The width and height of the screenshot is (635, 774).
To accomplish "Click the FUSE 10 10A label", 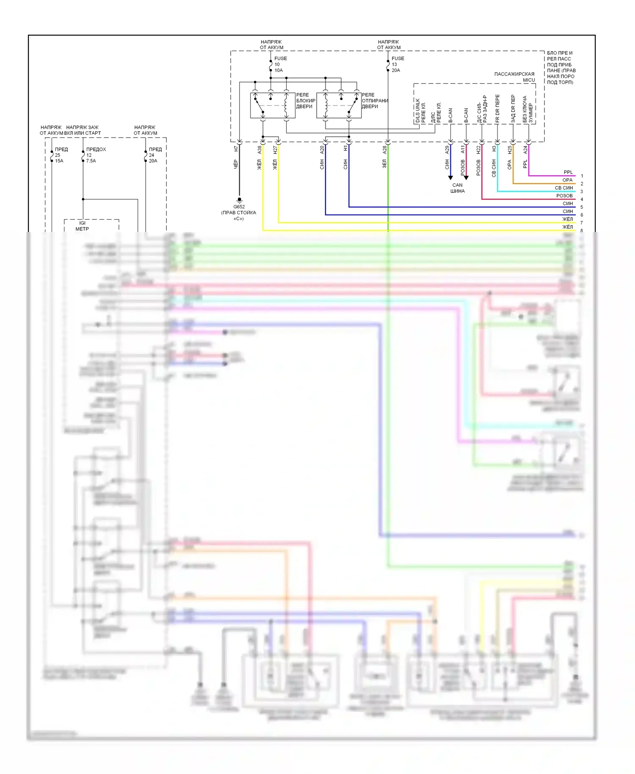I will point(280,64).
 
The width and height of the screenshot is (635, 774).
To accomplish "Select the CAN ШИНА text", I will point(457,188).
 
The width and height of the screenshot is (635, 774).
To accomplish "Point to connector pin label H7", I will point(236,149).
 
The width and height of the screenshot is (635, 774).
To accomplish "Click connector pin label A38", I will point(260,149).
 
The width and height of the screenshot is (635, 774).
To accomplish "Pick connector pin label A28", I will point(385,149).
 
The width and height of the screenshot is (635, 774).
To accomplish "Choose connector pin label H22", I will point(478,149).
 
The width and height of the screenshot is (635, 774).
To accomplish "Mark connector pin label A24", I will point(525,149).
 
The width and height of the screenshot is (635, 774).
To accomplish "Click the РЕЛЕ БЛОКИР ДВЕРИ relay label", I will point(306,101).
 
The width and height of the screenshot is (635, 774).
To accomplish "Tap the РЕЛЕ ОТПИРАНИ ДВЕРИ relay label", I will point(375,101).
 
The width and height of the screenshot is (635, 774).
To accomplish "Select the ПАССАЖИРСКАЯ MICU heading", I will point(515,77).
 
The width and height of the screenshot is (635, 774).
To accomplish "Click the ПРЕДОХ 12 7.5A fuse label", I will point(96,155).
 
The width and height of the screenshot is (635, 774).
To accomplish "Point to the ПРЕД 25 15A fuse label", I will point(61,155).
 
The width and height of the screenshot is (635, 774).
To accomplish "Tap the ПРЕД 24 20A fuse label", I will point(155,155).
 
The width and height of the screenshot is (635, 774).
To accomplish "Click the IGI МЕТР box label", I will point(82,226).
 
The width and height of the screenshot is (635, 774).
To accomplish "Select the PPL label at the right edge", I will point(568,172).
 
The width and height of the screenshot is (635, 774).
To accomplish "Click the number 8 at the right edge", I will point(582,230).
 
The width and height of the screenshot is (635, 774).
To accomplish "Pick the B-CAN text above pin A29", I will point(450,116).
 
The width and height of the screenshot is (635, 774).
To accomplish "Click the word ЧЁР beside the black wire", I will point(236,164).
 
